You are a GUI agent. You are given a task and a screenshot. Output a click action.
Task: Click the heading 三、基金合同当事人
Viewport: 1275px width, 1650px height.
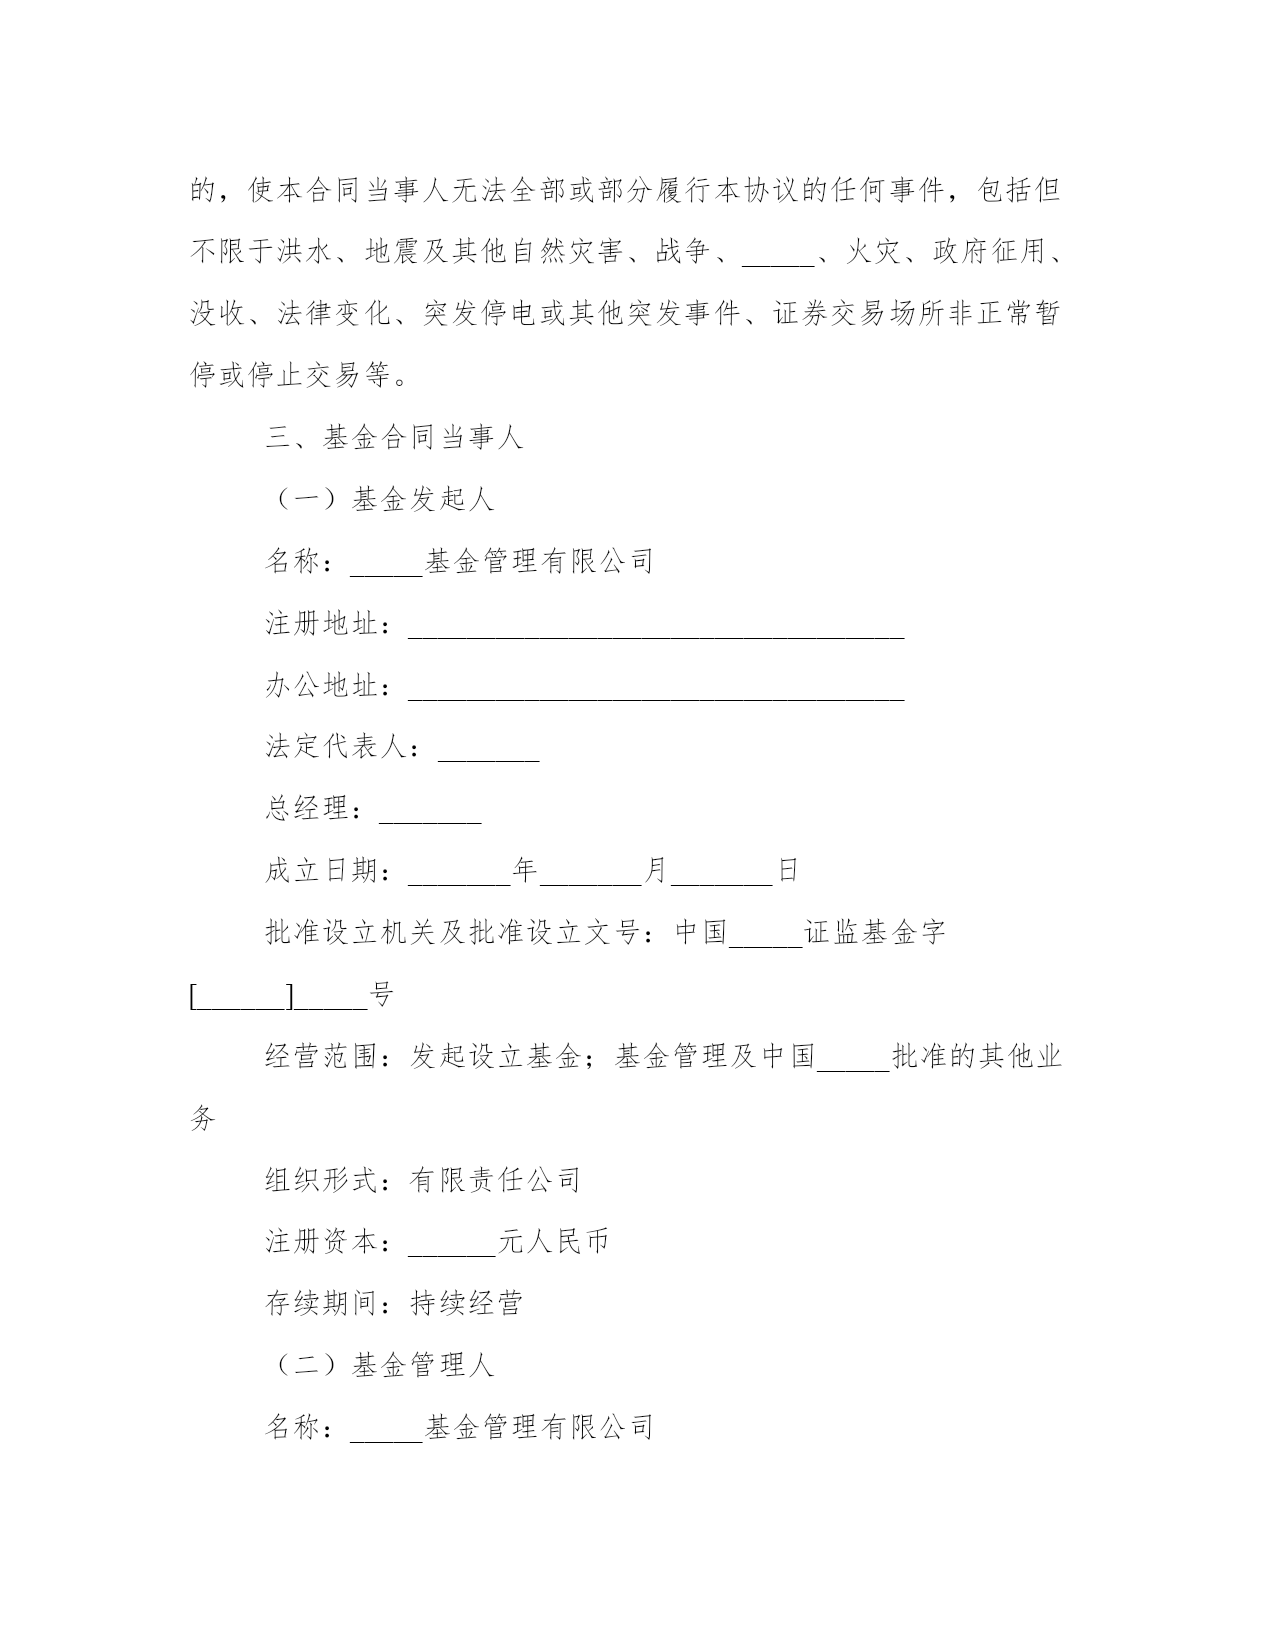(x=394, y=438)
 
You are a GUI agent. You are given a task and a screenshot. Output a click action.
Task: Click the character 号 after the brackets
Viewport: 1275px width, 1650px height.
(x=381, y=995)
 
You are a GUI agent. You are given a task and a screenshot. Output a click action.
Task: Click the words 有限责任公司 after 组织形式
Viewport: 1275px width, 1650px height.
(x=495, y=1181)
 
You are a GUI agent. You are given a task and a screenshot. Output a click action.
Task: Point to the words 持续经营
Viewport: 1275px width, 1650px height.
(x=466, y=1304)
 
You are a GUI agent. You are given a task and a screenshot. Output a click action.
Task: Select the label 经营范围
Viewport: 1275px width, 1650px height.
(x=322, y=1057)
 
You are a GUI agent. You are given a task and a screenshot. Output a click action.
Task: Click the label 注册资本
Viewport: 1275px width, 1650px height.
(x=322, y=1243)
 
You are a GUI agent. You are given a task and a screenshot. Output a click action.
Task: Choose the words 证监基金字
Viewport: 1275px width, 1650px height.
(x=875, y=933)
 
